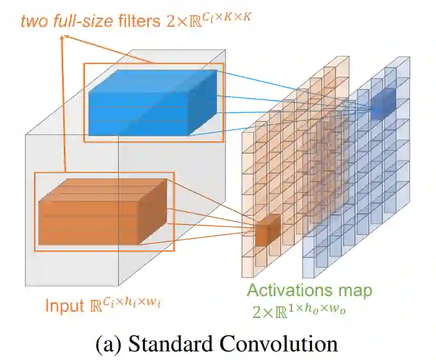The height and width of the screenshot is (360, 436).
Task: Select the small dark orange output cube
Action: pos(267,231)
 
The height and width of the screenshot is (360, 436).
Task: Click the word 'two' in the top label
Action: pos(33,22)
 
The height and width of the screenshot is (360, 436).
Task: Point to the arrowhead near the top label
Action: pos(65,37)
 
